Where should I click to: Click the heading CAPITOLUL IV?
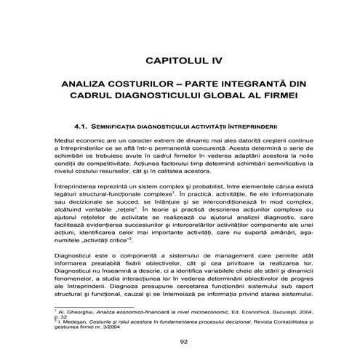180,55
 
